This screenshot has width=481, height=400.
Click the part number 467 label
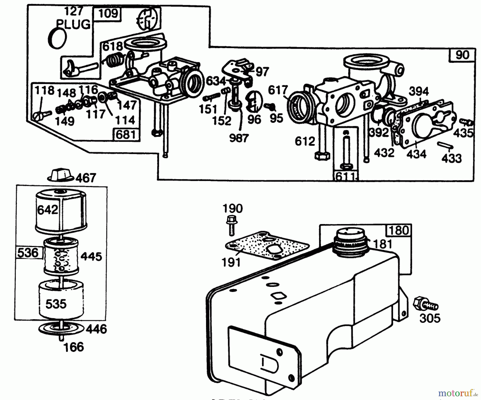(x=86, y=178)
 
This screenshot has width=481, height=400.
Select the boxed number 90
(x=462, y=55)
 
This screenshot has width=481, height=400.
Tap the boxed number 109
(x=108, y=14)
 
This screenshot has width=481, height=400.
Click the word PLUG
(x=74, y=25)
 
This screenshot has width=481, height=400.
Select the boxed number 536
(x=28, y=252)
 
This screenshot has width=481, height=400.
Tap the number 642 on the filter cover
(x=48, y=210)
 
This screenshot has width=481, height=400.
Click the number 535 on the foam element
(x=56, y=304)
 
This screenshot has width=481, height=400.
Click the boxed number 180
(x=399, y=230)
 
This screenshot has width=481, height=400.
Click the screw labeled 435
(x=466, y=123)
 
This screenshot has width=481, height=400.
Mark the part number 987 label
(x=239, y=138)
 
